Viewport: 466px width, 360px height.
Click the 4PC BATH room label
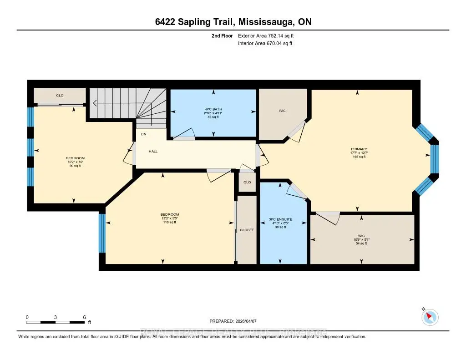click(213, 108)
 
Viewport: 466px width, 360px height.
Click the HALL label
click(153, 151)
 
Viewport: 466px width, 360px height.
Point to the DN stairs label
click(143, 134)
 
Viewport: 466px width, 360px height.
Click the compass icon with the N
click(430, 317)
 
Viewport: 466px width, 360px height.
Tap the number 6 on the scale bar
click(85, 317)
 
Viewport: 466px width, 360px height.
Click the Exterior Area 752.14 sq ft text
click(269, 35)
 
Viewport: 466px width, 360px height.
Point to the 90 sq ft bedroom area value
click(75, 166)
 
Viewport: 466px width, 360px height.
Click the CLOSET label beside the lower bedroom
click(247, 230)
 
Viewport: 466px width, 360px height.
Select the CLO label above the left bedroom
click(60, 96)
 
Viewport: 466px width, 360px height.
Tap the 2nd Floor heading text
click(223, 35)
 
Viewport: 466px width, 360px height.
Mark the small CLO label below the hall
click(247, 182)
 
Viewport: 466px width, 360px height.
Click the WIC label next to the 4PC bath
click(282, 111)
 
